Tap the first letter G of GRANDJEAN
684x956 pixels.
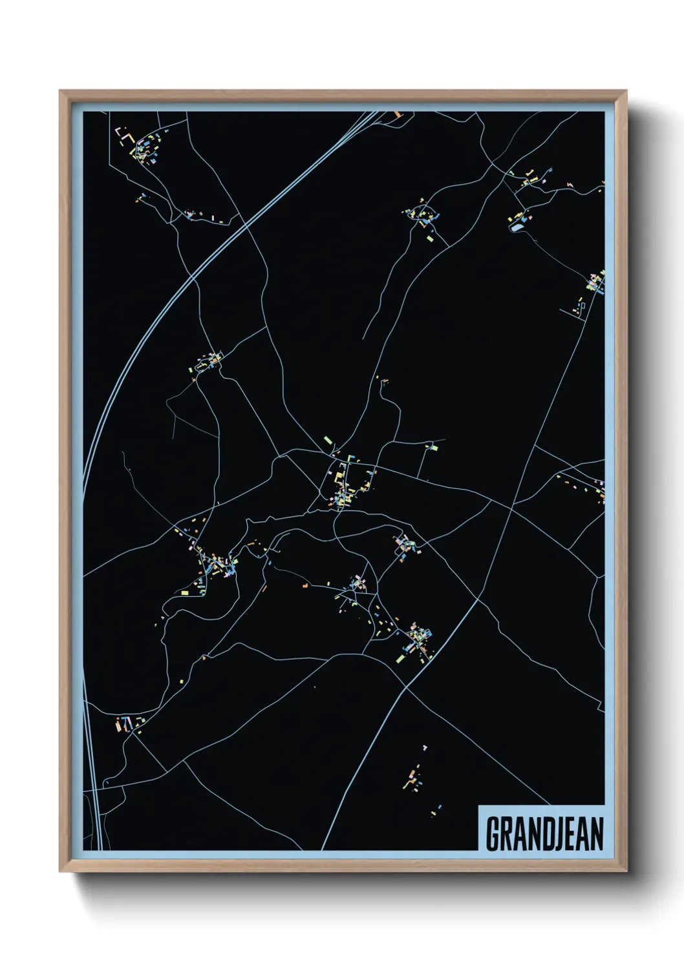click(491, 834)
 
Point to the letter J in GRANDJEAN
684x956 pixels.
click(553, 834)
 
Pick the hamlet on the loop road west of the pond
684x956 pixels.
click(423, 214)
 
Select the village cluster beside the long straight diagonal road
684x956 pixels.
click(417, 639)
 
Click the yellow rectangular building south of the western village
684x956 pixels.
click(185, 592)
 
